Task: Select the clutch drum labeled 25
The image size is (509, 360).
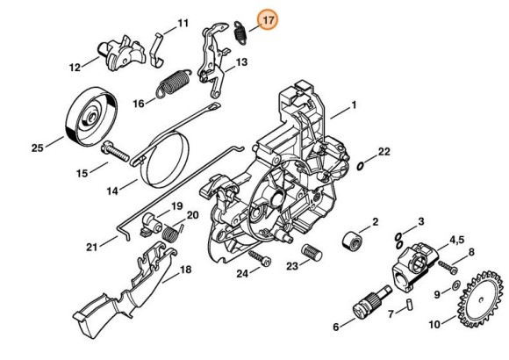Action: (x=90, y=112)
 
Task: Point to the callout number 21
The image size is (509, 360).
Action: (x=91, y=247)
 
